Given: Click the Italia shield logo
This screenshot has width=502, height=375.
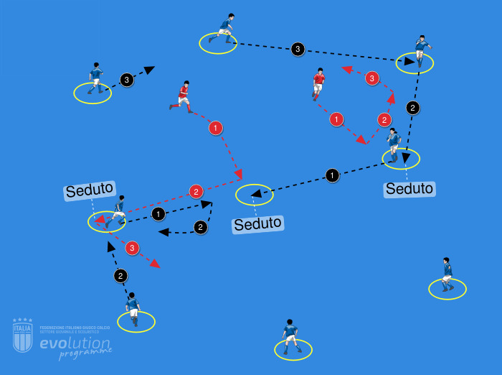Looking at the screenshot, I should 23,335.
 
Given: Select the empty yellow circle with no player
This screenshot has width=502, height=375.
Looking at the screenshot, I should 255,194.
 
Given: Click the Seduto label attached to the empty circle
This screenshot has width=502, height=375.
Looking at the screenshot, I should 258,224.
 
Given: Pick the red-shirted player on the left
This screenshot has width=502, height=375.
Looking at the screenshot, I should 183,96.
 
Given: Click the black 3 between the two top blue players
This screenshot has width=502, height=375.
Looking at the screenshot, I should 298,50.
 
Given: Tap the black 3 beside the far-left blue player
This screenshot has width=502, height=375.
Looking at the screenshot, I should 126,80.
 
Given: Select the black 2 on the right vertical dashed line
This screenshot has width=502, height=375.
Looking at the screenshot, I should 412,108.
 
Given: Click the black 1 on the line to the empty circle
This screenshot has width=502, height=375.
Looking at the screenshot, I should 331,175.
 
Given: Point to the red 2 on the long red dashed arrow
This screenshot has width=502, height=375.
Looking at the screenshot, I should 196,192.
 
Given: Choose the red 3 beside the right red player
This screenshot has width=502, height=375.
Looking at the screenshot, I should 371,78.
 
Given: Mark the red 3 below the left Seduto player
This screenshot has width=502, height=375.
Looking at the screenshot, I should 131,248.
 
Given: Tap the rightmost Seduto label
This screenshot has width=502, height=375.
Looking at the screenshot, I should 409,189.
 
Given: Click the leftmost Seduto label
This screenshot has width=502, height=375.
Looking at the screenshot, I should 90,190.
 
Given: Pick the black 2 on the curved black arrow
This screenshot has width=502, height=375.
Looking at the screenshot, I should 200,228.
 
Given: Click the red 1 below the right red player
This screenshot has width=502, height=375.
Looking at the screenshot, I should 336,119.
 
